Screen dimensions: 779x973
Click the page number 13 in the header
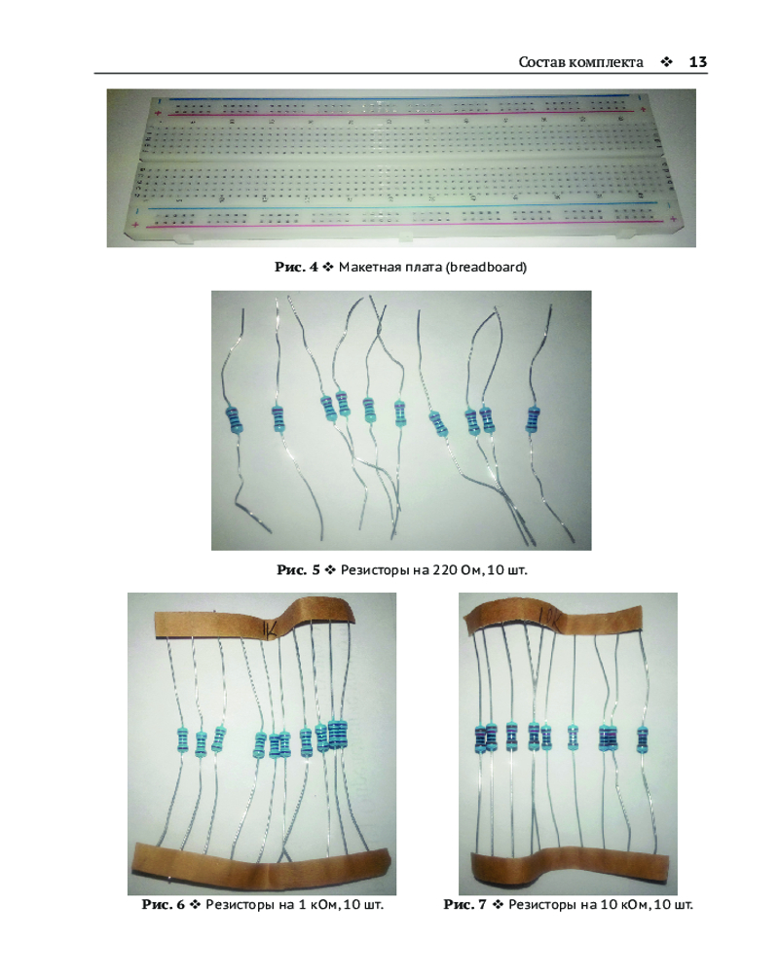[697, 62]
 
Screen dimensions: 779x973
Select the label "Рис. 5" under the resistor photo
[298, 569]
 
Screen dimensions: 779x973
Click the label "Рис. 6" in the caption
[163, 904]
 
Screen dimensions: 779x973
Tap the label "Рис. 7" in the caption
[464, 904]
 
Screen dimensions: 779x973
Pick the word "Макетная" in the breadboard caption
[366, 267]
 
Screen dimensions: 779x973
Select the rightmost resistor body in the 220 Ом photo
[533, 418]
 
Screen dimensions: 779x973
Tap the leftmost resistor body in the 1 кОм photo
[182, 739]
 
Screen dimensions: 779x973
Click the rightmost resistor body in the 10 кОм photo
[643, 739]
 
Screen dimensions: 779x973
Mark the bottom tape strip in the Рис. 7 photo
[569, 868]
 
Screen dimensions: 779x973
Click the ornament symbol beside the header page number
[667, 62]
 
